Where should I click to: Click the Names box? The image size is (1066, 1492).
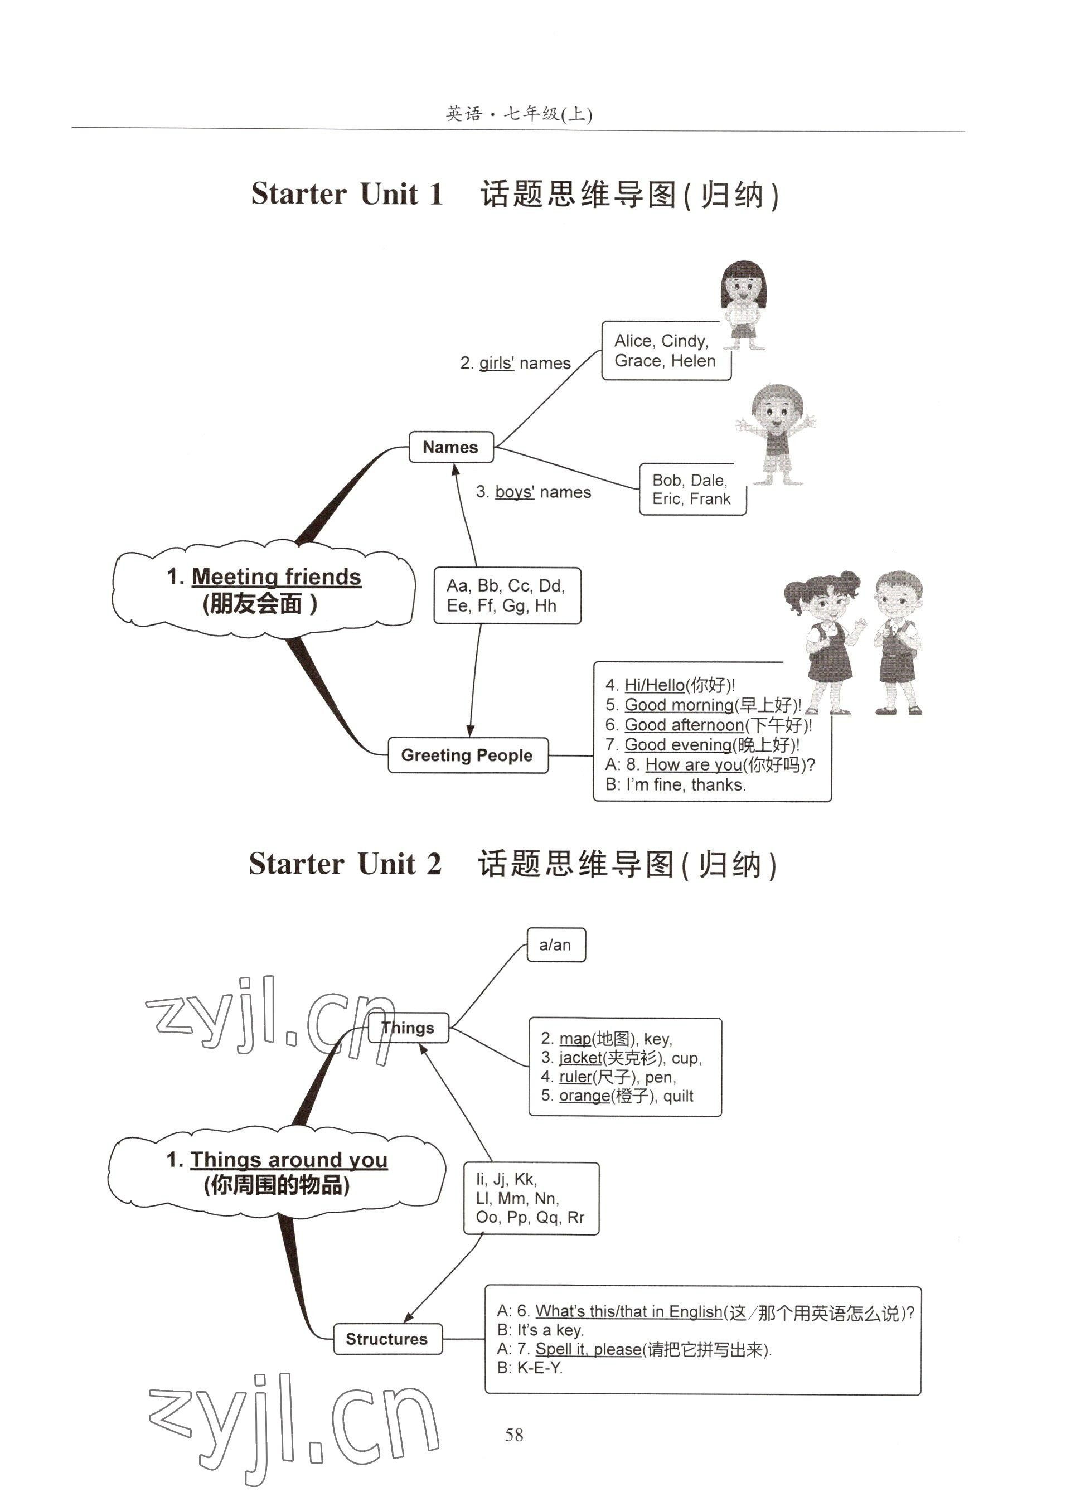coord(451,447)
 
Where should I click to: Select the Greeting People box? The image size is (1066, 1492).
coord(467,755)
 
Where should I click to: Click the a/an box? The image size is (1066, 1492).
coord(555,945)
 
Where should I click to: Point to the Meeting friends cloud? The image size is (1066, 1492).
coord(263,589)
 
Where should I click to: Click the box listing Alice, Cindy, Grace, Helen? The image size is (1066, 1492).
coord(665,351)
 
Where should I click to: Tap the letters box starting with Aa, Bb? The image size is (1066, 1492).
coord(506,595)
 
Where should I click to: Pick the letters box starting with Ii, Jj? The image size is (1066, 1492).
coord(530,1199)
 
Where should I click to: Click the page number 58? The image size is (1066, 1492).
coord(514,1435)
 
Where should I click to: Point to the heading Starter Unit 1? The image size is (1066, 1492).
coord(347,194)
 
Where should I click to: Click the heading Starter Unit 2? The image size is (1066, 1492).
coord(345,864)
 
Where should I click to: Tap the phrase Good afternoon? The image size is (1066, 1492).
coord(684,725)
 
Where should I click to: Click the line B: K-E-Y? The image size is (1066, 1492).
coord(530,1368)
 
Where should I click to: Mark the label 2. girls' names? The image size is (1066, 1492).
coord(515,363)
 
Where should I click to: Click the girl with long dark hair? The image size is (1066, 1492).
coord(743,305)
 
